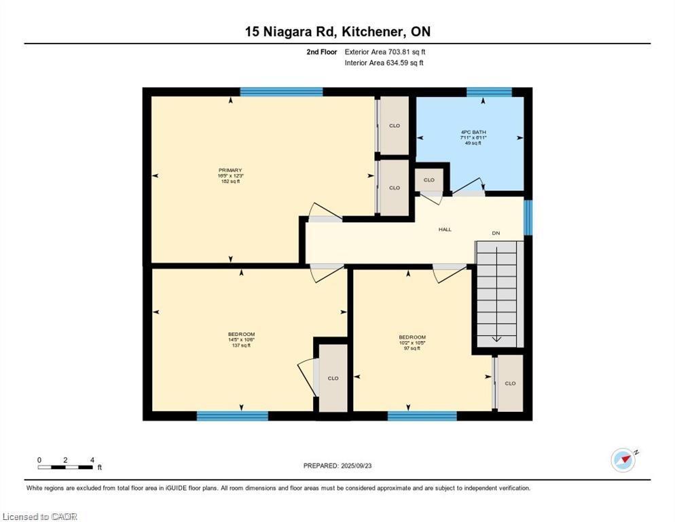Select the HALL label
pos(445,230)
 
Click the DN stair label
pos(496,233)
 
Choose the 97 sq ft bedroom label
pos(412,343)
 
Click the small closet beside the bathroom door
pos(429,181)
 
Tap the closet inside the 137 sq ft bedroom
pos(333,378)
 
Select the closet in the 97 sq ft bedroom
pos(510,383)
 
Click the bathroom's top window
pos(489,92)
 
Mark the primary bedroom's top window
pos(281,92)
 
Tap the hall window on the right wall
pos(528,217)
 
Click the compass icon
pos(623,460)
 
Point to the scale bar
pos(65,466)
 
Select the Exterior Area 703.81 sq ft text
pos(384,52)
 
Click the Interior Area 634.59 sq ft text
pos(384,63)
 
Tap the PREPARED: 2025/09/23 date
pos(337,466)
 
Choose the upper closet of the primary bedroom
pos(394,126)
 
